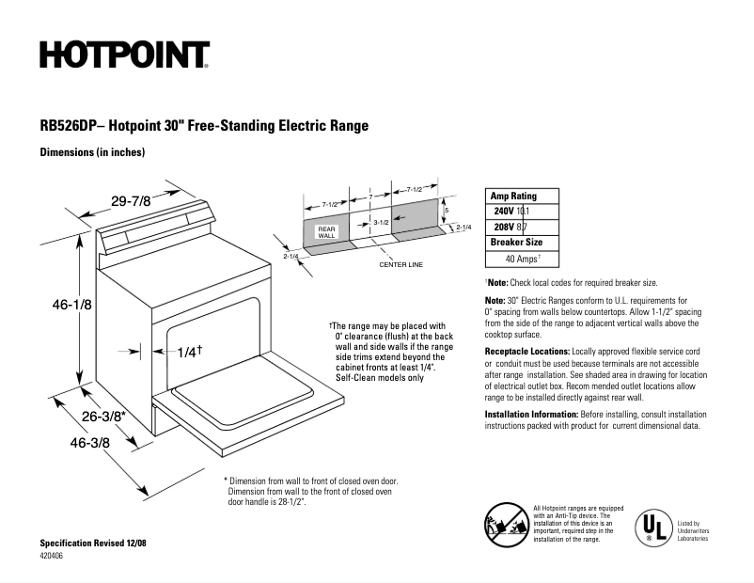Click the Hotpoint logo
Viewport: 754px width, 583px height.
124,55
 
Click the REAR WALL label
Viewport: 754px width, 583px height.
326,231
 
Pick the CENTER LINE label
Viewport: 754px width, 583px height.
401,264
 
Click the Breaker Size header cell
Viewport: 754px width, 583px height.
516,242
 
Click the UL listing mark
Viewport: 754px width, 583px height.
652,527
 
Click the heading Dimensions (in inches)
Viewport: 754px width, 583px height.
91,152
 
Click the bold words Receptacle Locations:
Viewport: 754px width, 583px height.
527,350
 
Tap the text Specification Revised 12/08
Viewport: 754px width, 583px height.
93,544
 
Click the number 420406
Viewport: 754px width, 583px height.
54,557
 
